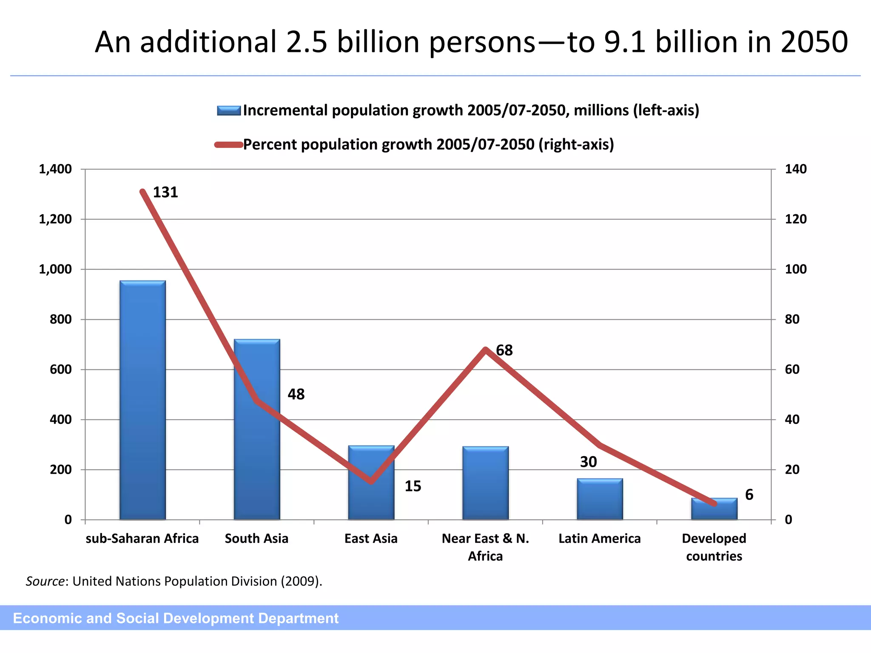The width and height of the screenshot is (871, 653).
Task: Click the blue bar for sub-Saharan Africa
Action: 142,400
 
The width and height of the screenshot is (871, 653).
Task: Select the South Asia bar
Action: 257,429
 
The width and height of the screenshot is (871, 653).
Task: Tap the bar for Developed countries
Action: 714,509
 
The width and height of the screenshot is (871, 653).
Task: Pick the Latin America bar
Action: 600,499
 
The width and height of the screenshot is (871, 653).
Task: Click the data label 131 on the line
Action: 165,193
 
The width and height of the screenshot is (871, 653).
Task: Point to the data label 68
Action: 504,350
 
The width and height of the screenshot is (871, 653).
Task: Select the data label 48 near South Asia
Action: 296,395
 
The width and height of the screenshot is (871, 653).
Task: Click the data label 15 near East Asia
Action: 413,486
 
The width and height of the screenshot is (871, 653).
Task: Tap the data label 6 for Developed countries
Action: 749,495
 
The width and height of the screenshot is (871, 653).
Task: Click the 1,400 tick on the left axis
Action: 55,169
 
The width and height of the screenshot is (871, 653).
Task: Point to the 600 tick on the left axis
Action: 61,369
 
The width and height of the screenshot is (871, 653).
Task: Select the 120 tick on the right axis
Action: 796,219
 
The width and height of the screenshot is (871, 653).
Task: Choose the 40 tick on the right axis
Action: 792,420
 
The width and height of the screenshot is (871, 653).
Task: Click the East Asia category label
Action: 371,539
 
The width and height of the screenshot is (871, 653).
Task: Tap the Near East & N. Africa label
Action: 485,547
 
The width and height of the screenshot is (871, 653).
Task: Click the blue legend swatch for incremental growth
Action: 229,111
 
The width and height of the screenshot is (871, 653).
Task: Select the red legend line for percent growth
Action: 229,145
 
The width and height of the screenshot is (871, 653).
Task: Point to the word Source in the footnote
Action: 45,581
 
